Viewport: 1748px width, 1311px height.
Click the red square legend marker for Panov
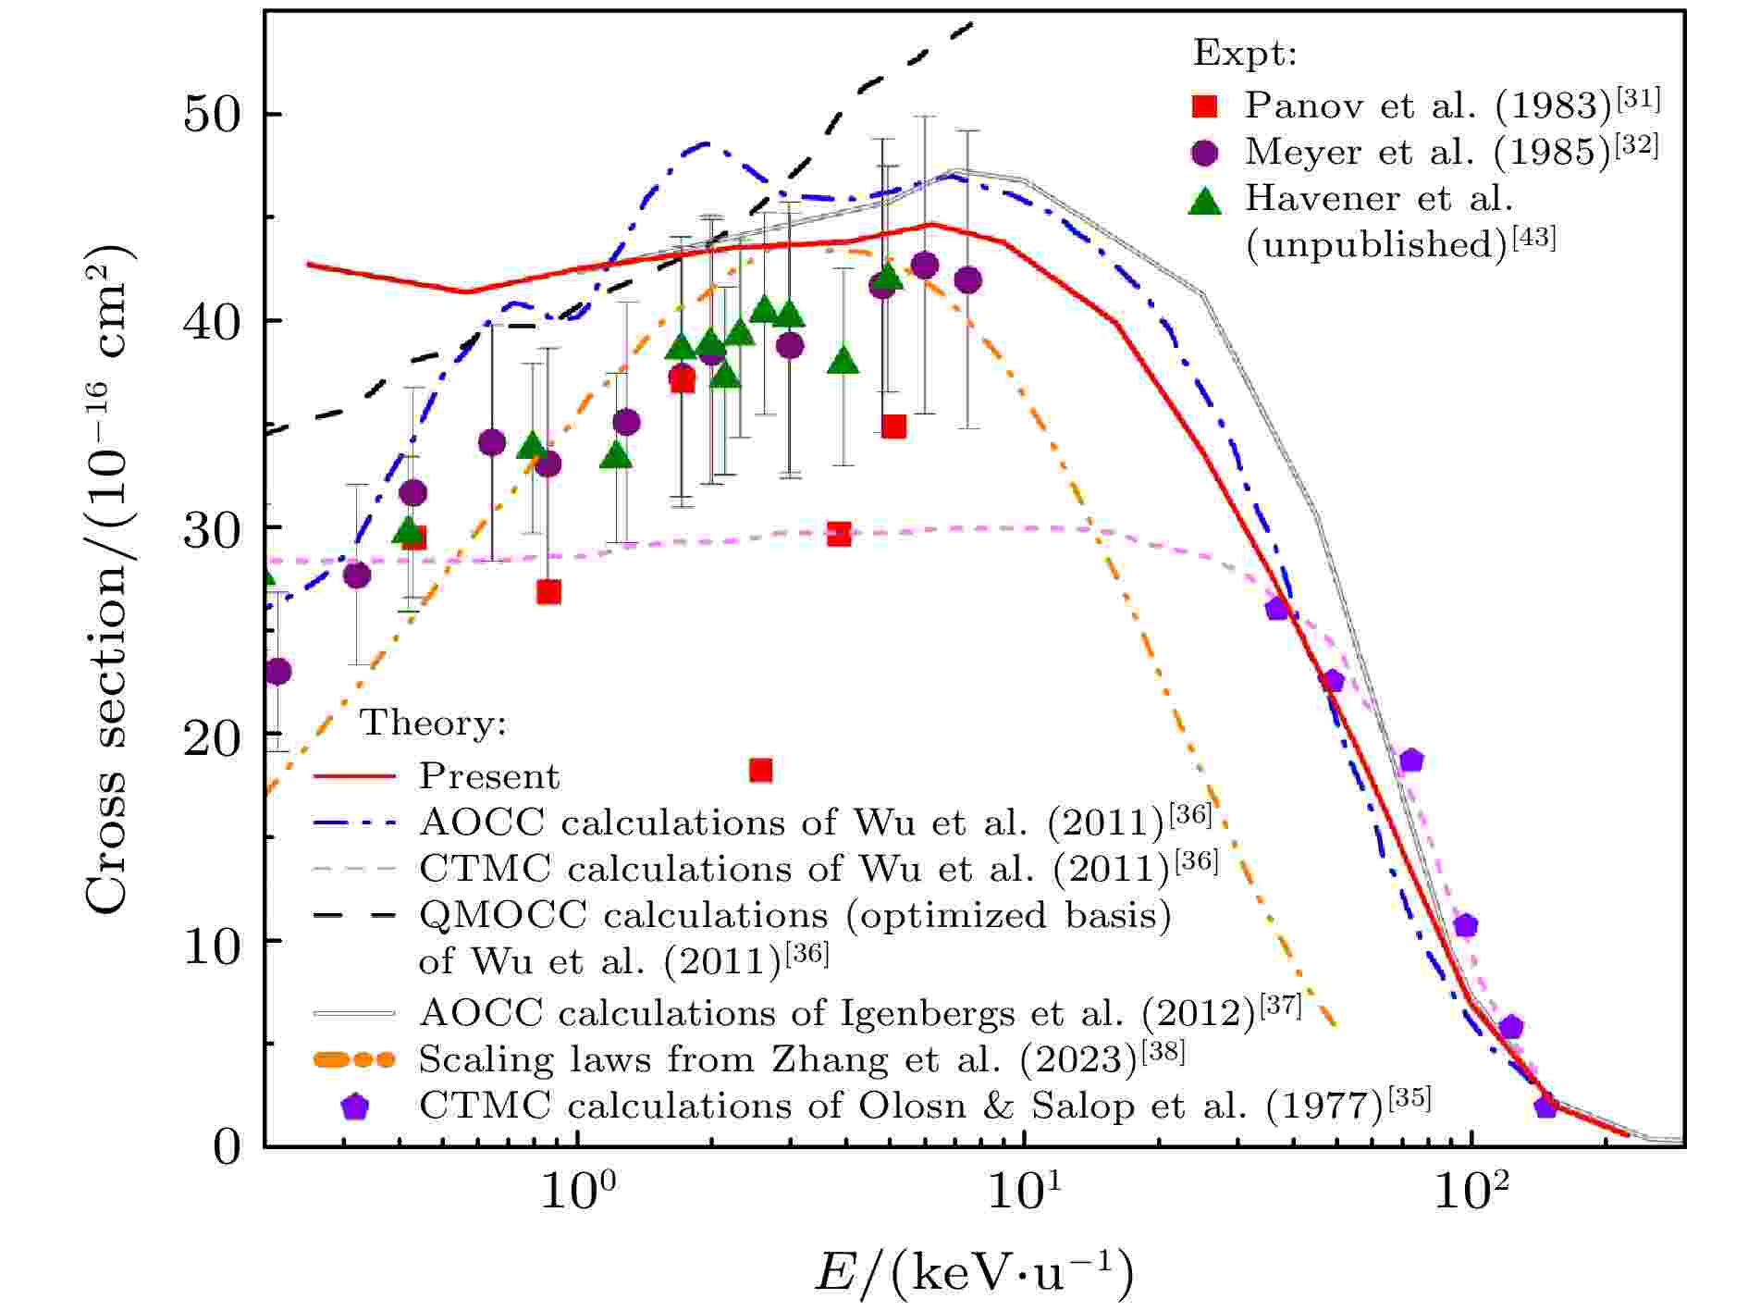click(x=1205, y=106)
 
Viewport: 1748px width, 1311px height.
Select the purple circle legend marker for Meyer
click(x=1205, y=153)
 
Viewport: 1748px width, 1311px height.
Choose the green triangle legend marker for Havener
click(x=1205, y=199)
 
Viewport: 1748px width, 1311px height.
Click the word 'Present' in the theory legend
click(x=489, y=776)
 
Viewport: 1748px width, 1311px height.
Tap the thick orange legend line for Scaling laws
click(x=354, y=1059)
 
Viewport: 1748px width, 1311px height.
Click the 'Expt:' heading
click(x=1245, y=54)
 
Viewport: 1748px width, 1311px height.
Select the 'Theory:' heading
click(x=433, y=723)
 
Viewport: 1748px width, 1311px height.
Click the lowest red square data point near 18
click(x=760, y=770)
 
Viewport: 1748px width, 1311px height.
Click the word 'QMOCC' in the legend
click(x=502, y=915)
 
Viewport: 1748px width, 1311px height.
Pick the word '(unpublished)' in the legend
click(x=1376, y=244)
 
